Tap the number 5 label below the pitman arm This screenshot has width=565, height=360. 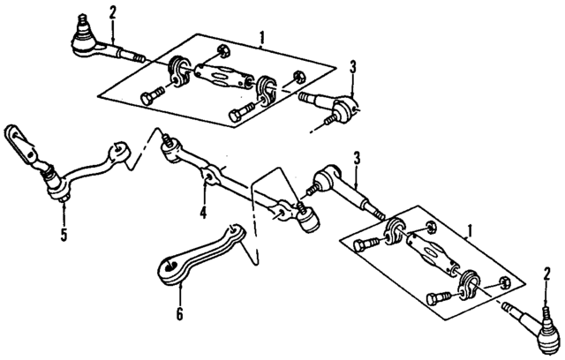point(63,236)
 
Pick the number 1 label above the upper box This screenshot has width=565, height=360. point(261,38)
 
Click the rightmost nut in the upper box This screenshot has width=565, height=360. point(300,75)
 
